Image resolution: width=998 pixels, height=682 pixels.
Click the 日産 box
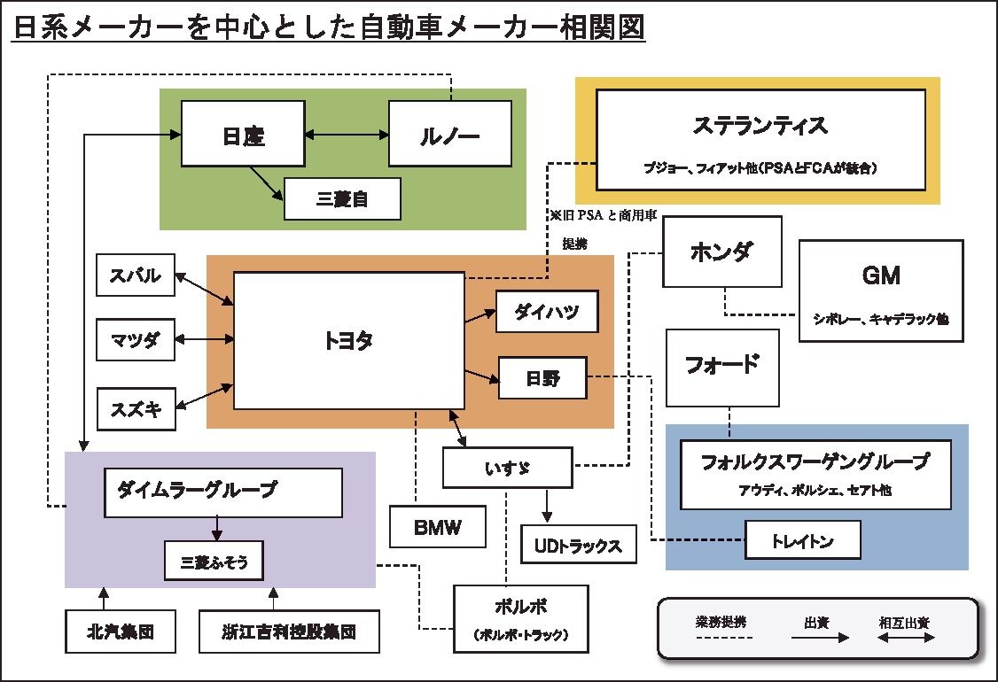coord(242,134)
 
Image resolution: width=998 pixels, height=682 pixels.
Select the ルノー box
coord(449,134)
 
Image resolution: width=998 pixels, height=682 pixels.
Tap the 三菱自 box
coord(342,199)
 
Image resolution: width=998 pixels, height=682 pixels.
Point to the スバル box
coord(136,275)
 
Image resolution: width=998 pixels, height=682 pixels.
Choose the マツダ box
coord(136,339)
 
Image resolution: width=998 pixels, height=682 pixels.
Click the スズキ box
coord(136,409)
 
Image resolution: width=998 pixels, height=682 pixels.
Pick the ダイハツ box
coord(546,311)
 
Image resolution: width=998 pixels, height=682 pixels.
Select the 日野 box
coord(542,378)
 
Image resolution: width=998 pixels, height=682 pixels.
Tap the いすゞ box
coord(507,467)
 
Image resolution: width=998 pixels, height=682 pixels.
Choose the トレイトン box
coord(803,539)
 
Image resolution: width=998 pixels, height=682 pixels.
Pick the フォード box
coord(722,364)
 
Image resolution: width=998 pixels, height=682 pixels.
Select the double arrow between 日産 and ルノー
coord(346,135)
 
